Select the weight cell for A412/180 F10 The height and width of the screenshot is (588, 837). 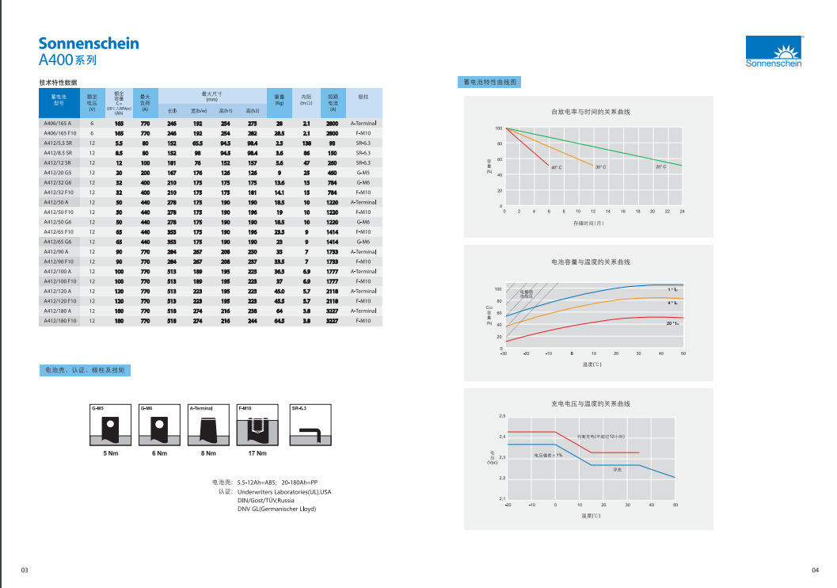coord(279,321)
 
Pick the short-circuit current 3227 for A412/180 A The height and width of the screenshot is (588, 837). coord(332,311)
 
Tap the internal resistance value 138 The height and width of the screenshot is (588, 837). coord(306,143)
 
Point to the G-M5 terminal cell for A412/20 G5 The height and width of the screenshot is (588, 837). coord(363,173)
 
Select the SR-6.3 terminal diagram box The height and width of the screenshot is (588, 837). coord(311,426)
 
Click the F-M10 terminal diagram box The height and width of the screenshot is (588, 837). coord(257,426)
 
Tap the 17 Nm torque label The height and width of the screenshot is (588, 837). coord(257,453)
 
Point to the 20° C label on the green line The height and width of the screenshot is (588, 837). coord(660,166)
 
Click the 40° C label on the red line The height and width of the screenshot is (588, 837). coord(555,166)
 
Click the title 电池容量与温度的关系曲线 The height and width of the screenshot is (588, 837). coord(591,262)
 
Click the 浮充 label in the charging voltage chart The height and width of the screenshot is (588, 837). coord(618,470)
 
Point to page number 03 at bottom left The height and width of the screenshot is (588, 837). coord(25,571)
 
